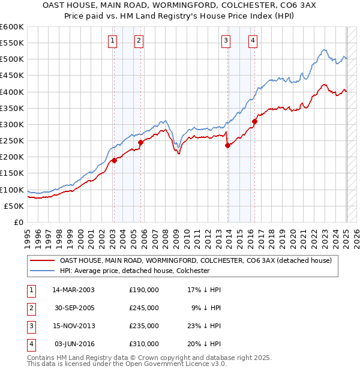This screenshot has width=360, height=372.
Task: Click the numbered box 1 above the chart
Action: [113, 41]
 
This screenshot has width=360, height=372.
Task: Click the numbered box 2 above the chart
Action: [139, 41]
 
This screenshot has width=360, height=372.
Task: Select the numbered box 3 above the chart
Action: [226, 41]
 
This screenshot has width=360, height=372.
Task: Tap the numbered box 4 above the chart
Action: [253, 41]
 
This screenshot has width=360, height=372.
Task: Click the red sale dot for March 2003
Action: [114, 160]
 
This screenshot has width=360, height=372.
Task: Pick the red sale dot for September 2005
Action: [141, 143]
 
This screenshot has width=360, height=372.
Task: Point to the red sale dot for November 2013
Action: [227, 145]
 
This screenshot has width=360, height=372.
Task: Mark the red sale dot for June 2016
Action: [254, 121]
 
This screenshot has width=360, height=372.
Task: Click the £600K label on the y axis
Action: [12, 27]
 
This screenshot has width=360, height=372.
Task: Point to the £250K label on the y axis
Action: [12, 140]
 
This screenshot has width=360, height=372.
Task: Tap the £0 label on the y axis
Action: [18, 222]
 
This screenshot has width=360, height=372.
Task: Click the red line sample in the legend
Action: [42, 261]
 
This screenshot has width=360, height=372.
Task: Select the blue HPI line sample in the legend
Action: [42, 271]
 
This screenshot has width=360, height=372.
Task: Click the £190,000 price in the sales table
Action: [144, 290]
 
